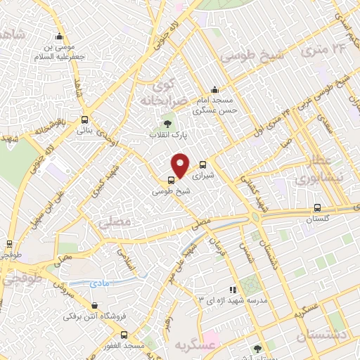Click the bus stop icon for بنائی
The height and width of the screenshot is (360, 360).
point(84,120)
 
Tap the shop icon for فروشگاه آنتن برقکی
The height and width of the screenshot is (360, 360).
point(95,306)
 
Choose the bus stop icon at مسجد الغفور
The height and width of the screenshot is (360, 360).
point(124,347)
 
